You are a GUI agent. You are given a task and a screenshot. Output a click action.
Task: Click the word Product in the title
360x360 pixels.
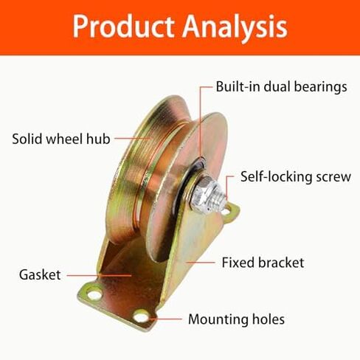point(123,26)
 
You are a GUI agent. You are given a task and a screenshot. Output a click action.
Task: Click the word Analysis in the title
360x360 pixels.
point(235,28)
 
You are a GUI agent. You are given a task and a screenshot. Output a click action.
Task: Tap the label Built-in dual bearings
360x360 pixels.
point(281,87)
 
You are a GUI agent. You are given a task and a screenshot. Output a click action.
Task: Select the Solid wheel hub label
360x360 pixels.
point(61,139)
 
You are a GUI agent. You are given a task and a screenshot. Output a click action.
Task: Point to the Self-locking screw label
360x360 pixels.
point(296,177)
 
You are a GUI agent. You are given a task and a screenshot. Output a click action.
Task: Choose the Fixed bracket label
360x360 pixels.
point(263,263)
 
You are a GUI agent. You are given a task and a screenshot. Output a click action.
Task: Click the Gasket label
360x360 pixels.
point(40,274)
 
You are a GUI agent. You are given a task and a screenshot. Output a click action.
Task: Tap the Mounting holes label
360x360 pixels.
point(236,319)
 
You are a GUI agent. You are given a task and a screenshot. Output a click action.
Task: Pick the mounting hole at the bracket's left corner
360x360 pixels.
point(94,294)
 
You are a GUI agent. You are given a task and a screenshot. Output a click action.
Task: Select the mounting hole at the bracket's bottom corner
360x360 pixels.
point(141,316)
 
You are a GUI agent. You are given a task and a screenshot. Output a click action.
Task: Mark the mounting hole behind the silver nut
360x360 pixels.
point(226,210)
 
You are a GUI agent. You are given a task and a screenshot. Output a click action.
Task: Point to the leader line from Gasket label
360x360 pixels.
point(99,275)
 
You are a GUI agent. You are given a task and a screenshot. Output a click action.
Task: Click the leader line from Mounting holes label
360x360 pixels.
point(165,319)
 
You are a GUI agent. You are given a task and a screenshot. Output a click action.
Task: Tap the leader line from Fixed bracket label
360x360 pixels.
point(200,263)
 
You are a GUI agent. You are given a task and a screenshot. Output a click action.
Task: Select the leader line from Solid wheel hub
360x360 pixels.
point(132,138)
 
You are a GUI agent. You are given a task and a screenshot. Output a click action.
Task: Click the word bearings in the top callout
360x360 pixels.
point(320,87)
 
